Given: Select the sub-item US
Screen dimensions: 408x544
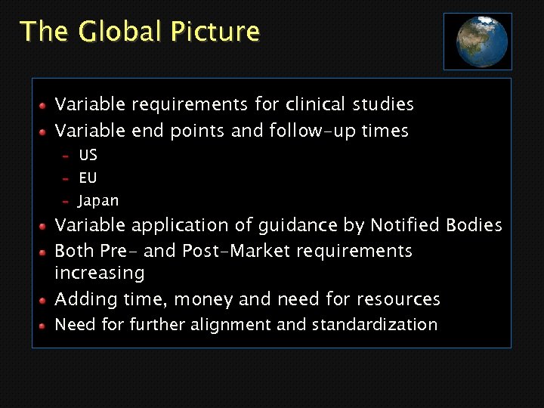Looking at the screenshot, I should coord(88,155).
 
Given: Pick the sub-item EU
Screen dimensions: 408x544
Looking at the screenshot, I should coord(88,178).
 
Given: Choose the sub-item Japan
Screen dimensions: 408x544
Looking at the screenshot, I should coord(99,201).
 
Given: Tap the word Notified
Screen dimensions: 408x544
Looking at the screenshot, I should coord(405,225).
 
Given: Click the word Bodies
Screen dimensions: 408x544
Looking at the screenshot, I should coord(474,225).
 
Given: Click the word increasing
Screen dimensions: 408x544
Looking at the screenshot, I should coord(100,273).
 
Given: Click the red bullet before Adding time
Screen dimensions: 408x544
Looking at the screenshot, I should coord(45,300).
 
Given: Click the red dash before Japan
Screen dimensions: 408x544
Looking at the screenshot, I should coord(66,202).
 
